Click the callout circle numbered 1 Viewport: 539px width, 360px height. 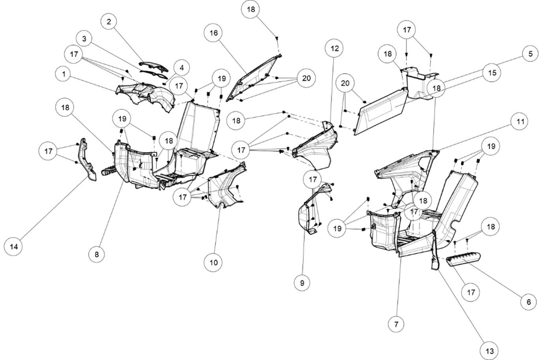64,73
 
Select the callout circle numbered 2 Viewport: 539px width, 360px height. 109,22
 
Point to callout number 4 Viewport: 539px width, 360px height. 181,68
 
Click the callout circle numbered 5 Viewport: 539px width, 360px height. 528,54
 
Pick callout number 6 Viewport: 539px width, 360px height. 528,302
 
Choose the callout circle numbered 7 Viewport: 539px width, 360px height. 396,324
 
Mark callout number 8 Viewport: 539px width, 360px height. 97,255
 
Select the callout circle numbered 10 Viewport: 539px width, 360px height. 214,262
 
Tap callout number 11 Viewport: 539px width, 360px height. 520,122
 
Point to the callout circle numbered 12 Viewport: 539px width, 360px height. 334,49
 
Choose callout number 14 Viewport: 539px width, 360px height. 14,247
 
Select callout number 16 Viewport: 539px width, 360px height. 214,33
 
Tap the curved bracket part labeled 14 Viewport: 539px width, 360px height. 88,162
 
